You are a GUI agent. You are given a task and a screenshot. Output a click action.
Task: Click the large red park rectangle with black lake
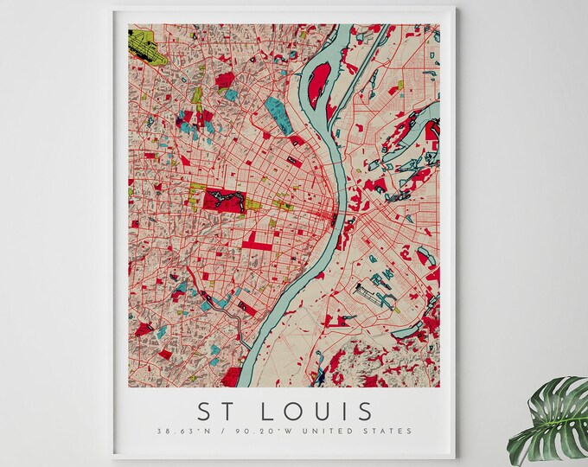224,201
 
